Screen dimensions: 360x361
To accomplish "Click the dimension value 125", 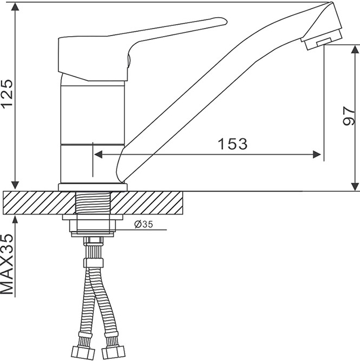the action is [7, 93].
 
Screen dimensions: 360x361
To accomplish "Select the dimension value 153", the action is [232, 144].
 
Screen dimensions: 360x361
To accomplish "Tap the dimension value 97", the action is [348, 116].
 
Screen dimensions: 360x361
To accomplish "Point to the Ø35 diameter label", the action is [143, 224].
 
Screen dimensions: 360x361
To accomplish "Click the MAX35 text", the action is [7, 264].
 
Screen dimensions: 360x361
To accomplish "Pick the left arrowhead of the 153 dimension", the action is [98, 155].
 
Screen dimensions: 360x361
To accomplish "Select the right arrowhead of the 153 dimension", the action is [317, 155].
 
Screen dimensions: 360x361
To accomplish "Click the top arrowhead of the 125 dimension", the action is [15, 7].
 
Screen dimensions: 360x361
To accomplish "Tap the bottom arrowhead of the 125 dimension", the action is [15, 185].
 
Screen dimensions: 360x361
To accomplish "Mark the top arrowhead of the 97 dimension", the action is [355, 49].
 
